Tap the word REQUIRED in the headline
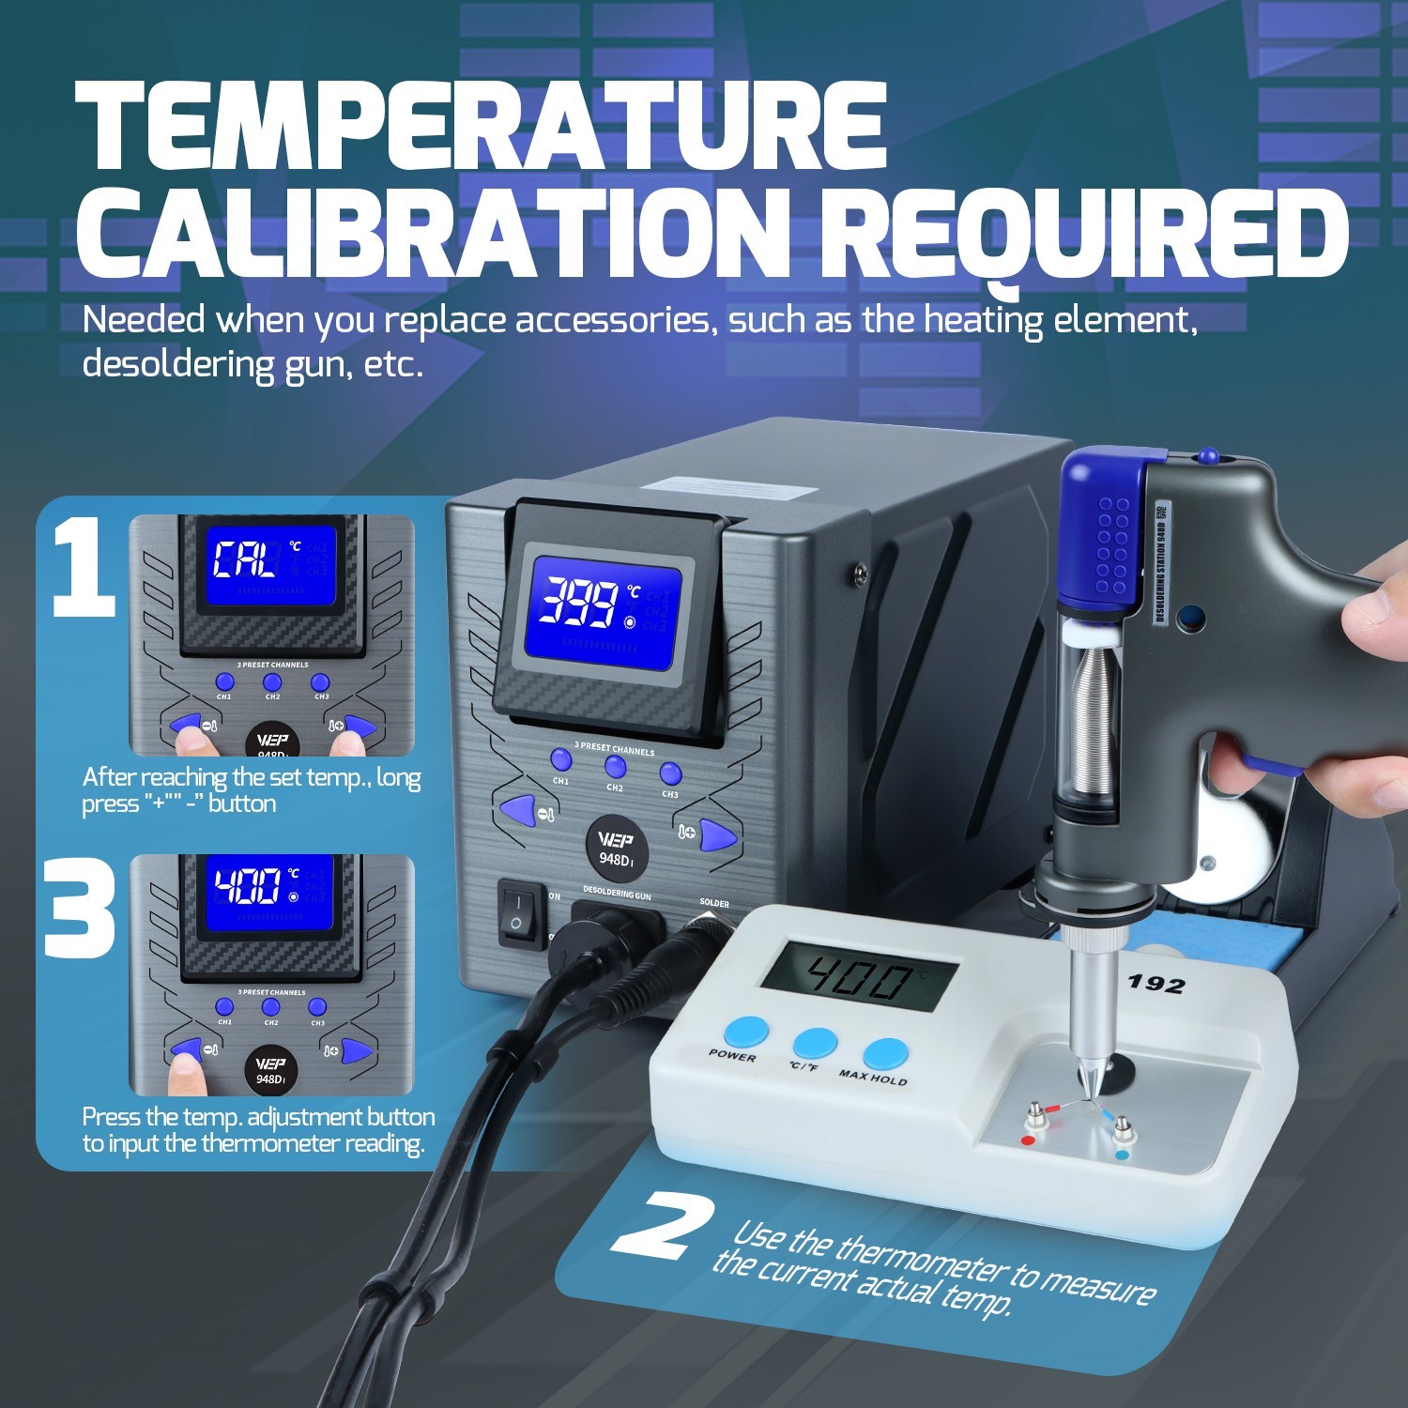[x=1089, y=235]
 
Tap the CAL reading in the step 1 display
[x=243, y=561]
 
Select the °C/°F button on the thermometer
[x=814, y=1045]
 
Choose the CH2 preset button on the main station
[x=615, y=768]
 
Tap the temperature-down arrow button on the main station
[x=516, y=808]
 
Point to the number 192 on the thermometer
[x=1155, y=984]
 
